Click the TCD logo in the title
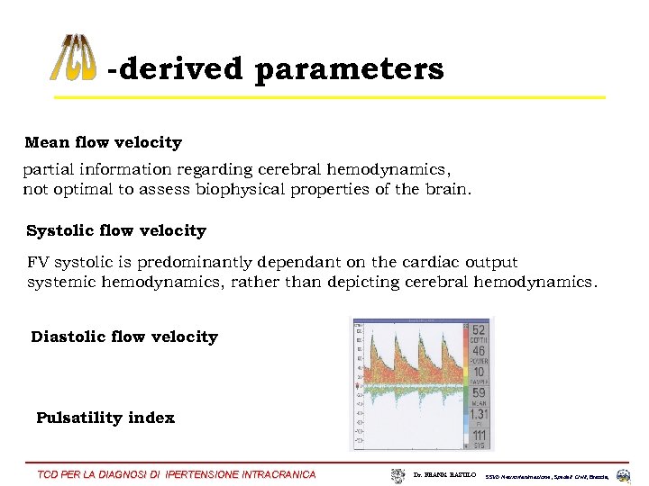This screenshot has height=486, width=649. click(x=72, y=58)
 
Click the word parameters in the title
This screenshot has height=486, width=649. click(x=349, y=69)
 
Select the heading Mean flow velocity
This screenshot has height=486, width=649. click(x=103, y=142)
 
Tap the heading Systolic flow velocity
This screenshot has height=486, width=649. click(x=116, y=230)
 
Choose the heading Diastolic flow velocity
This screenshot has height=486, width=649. click(x=124, y=337)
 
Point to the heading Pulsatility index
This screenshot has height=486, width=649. click(x=105, y=418)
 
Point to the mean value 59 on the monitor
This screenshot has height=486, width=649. click(x=478, y=392)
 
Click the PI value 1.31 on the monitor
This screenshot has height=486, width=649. click(x=478, y=414)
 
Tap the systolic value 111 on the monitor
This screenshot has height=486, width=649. click(x=478, y=436)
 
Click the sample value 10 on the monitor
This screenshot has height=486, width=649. click(x=478, y=373)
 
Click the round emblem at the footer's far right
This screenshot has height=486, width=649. click(x=624, y=475)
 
